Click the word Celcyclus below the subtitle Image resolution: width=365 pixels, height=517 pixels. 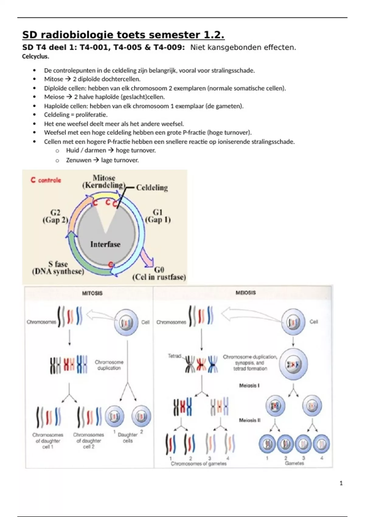tap(35, 56)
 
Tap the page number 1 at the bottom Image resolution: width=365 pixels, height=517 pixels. tap(341, 483)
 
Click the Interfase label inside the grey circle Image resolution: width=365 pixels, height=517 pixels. tap(105, 244)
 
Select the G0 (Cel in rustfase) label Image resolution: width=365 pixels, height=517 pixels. tap(159, 273)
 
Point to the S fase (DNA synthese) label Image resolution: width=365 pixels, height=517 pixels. tap(58, 268)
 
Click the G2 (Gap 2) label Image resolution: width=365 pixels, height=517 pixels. tap(55, 216)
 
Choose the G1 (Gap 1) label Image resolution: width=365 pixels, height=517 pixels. tap(158, 216)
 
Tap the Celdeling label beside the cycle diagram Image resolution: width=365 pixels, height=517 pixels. tap(152, 188)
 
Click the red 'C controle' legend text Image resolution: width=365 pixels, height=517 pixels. tap(46, 180)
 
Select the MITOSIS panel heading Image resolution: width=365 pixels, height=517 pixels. tap(92, 293)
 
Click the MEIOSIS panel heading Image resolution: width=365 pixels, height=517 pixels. tap(245, 293)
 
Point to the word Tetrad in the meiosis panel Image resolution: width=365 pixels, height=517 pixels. tap(174, 356)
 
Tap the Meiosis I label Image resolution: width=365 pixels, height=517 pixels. tap(249, 386)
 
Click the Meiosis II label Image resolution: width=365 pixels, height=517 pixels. tap(249, 420)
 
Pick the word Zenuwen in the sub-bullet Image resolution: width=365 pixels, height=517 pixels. tap(78, 160)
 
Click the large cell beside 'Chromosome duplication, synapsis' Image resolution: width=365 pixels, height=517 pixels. tap(293, 364)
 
